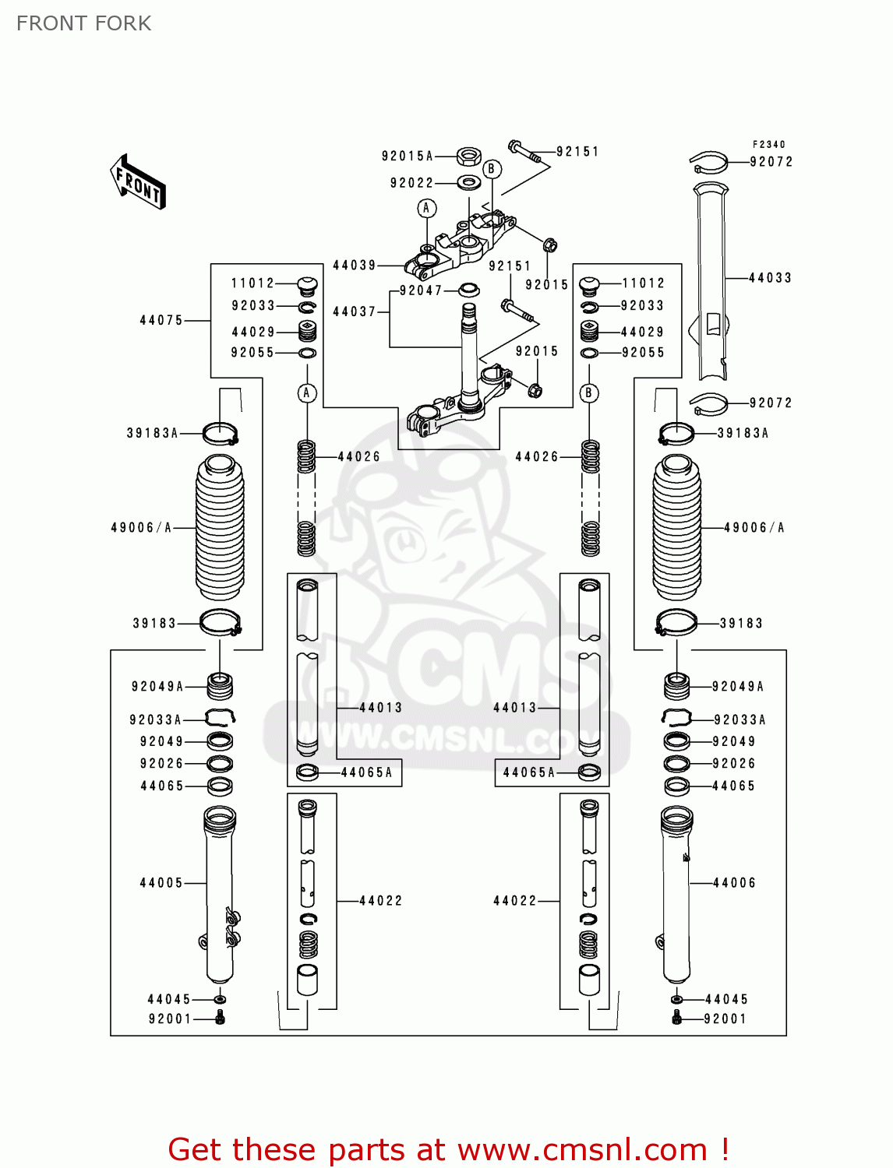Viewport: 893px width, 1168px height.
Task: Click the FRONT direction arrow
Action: point(138,181)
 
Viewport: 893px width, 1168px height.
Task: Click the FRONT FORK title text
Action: point(83,23)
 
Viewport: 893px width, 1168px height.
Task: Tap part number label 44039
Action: point(354,266)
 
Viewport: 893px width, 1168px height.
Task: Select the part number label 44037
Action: point(354,311)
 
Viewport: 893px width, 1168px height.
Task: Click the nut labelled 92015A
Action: point(468,157)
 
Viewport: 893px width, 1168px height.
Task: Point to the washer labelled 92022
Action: point(468,183)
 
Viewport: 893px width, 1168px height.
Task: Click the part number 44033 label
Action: point(769,278)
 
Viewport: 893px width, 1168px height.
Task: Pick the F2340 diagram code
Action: point(768,144)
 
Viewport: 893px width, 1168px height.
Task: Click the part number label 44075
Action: point(161,320)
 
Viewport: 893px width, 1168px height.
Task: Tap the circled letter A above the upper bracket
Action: point(426,208)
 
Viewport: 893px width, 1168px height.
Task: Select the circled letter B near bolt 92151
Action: point(491,169)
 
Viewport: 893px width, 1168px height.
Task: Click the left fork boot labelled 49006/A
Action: point(219,528)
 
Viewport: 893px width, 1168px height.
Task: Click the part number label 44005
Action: point(161,883)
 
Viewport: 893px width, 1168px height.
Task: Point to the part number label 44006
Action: point(734,883)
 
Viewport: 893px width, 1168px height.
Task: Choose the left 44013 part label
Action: point(380,708)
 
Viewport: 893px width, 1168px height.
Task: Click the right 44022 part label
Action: point(515,901)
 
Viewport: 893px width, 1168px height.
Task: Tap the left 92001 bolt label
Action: point(170,1019)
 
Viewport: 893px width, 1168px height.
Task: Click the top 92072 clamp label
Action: point(771,162)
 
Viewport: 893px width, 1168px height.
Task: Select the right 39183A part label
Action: point(743,434)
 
